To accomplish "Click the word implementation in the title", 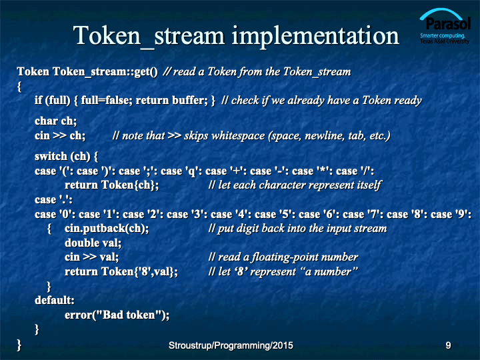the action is tap(315, 37).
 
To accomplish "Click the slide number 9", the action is tap(448, 345).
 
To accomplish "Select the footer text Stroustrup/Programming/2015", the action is tap(231, 345).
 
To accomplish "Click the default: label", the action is tap(55, 300).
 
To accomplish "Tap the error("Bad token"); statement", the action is tap(117, 315).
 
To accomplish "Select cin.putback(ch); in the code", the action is tap(107, 229).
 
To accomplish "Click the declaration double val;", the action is tap(93, 243).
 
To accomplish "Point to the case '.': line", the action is tap(53, 200).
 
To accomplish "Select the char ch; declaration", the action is tap(56, 121).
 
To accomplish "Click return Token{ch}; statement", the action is tap(112, 185).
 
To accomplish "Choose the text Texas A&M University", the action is tap(445, 41).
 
